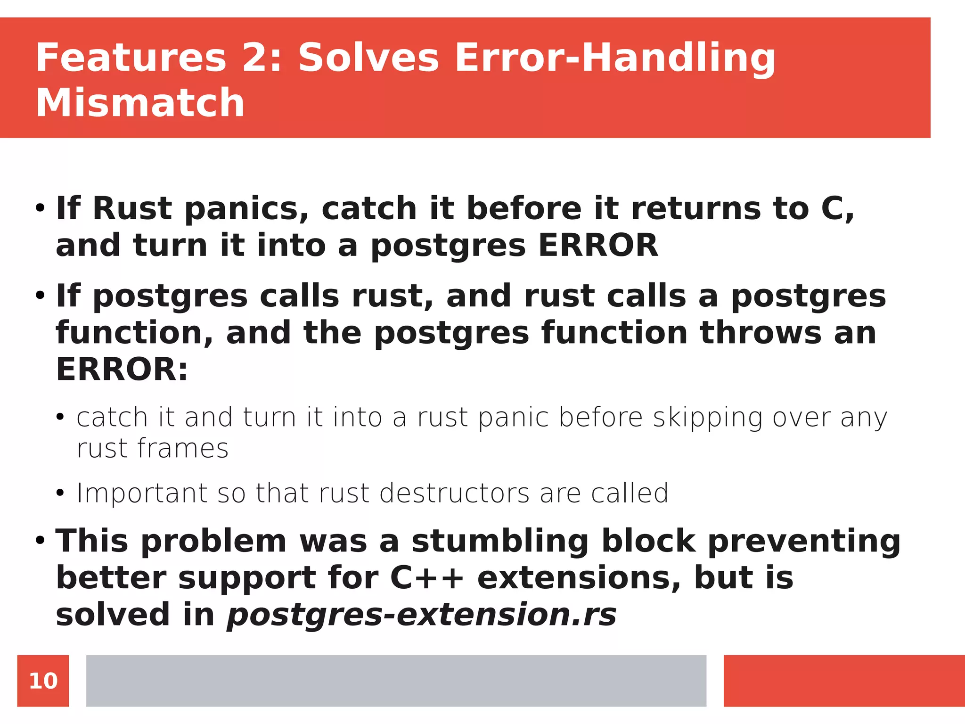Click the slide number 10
click(x=43, y=681)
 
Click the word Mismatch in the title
click(x=140, y=103)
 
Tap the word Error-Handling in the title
click(x=614, y=58)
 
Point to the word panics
click(x=246, y=209)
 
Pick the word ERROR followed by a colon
click(x=122, y=369)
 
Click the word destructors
click(x=454, y=494)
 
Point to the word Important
click(x=142, y=494)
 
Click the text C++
click(x=427, y=578)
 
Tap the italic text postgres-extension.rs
click(x=422, y=615)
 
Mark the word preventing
click(x=804, y=541)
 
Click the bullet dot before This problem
click(x=40, y=540)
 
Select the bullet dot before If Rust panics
click(x=40, y=208)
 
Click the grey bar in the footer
click(x=396, y=681)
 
